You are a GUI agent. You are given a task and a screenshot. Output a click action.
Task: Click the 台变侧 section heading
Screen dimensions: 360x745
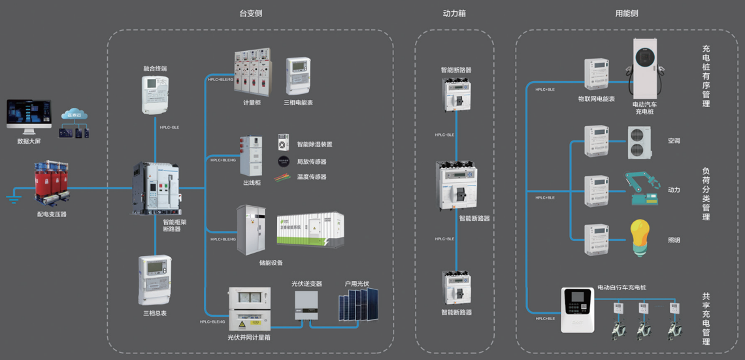(x=250, y=13)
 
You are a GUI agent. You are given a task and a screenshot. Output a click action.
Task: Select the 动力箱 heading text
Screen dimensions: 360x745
(x=454, y=13)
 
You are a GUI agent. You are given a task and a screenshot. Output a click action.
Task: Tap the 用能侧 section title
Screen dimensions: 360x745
(x=627, y=13)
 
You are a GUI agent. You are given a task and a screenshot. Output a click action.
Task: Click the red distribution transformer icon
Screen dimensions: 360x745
(x=52, y=182)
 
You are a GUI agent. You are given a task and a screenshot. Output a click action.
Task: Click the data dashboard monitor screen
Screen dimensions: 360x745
(x=28, y=116)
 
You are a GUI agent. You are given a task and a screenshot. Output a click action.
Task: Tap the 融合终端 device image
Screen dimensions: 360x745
(x=155, y=95)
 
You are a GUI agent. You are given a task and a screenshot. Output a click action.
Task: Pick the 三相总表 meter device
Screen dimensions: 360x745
(x=155, y=280)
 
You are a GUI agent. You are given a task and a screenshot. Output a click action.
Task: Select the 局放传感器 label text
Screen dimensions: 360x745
(x=312, y=161)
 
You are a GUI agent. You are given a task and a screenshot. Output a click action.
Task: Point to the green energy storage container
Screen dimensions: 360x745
(x=310, y=229)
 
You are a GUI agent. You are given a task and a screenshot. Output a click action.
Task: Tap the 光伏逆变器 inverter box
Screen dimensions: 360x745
(x=306, y=304)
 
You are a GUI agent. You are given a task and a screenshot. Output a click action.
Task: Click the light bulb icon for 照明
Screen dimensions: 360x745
(x=639, y=238)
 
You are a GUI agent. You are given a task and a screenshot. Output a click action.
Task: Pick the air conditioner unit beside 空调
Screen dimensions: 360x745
(x=639, y=142)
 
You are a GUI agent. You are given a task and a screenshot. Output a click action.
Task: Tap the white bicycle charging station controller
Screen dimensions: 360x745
(x=577, y=309)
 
